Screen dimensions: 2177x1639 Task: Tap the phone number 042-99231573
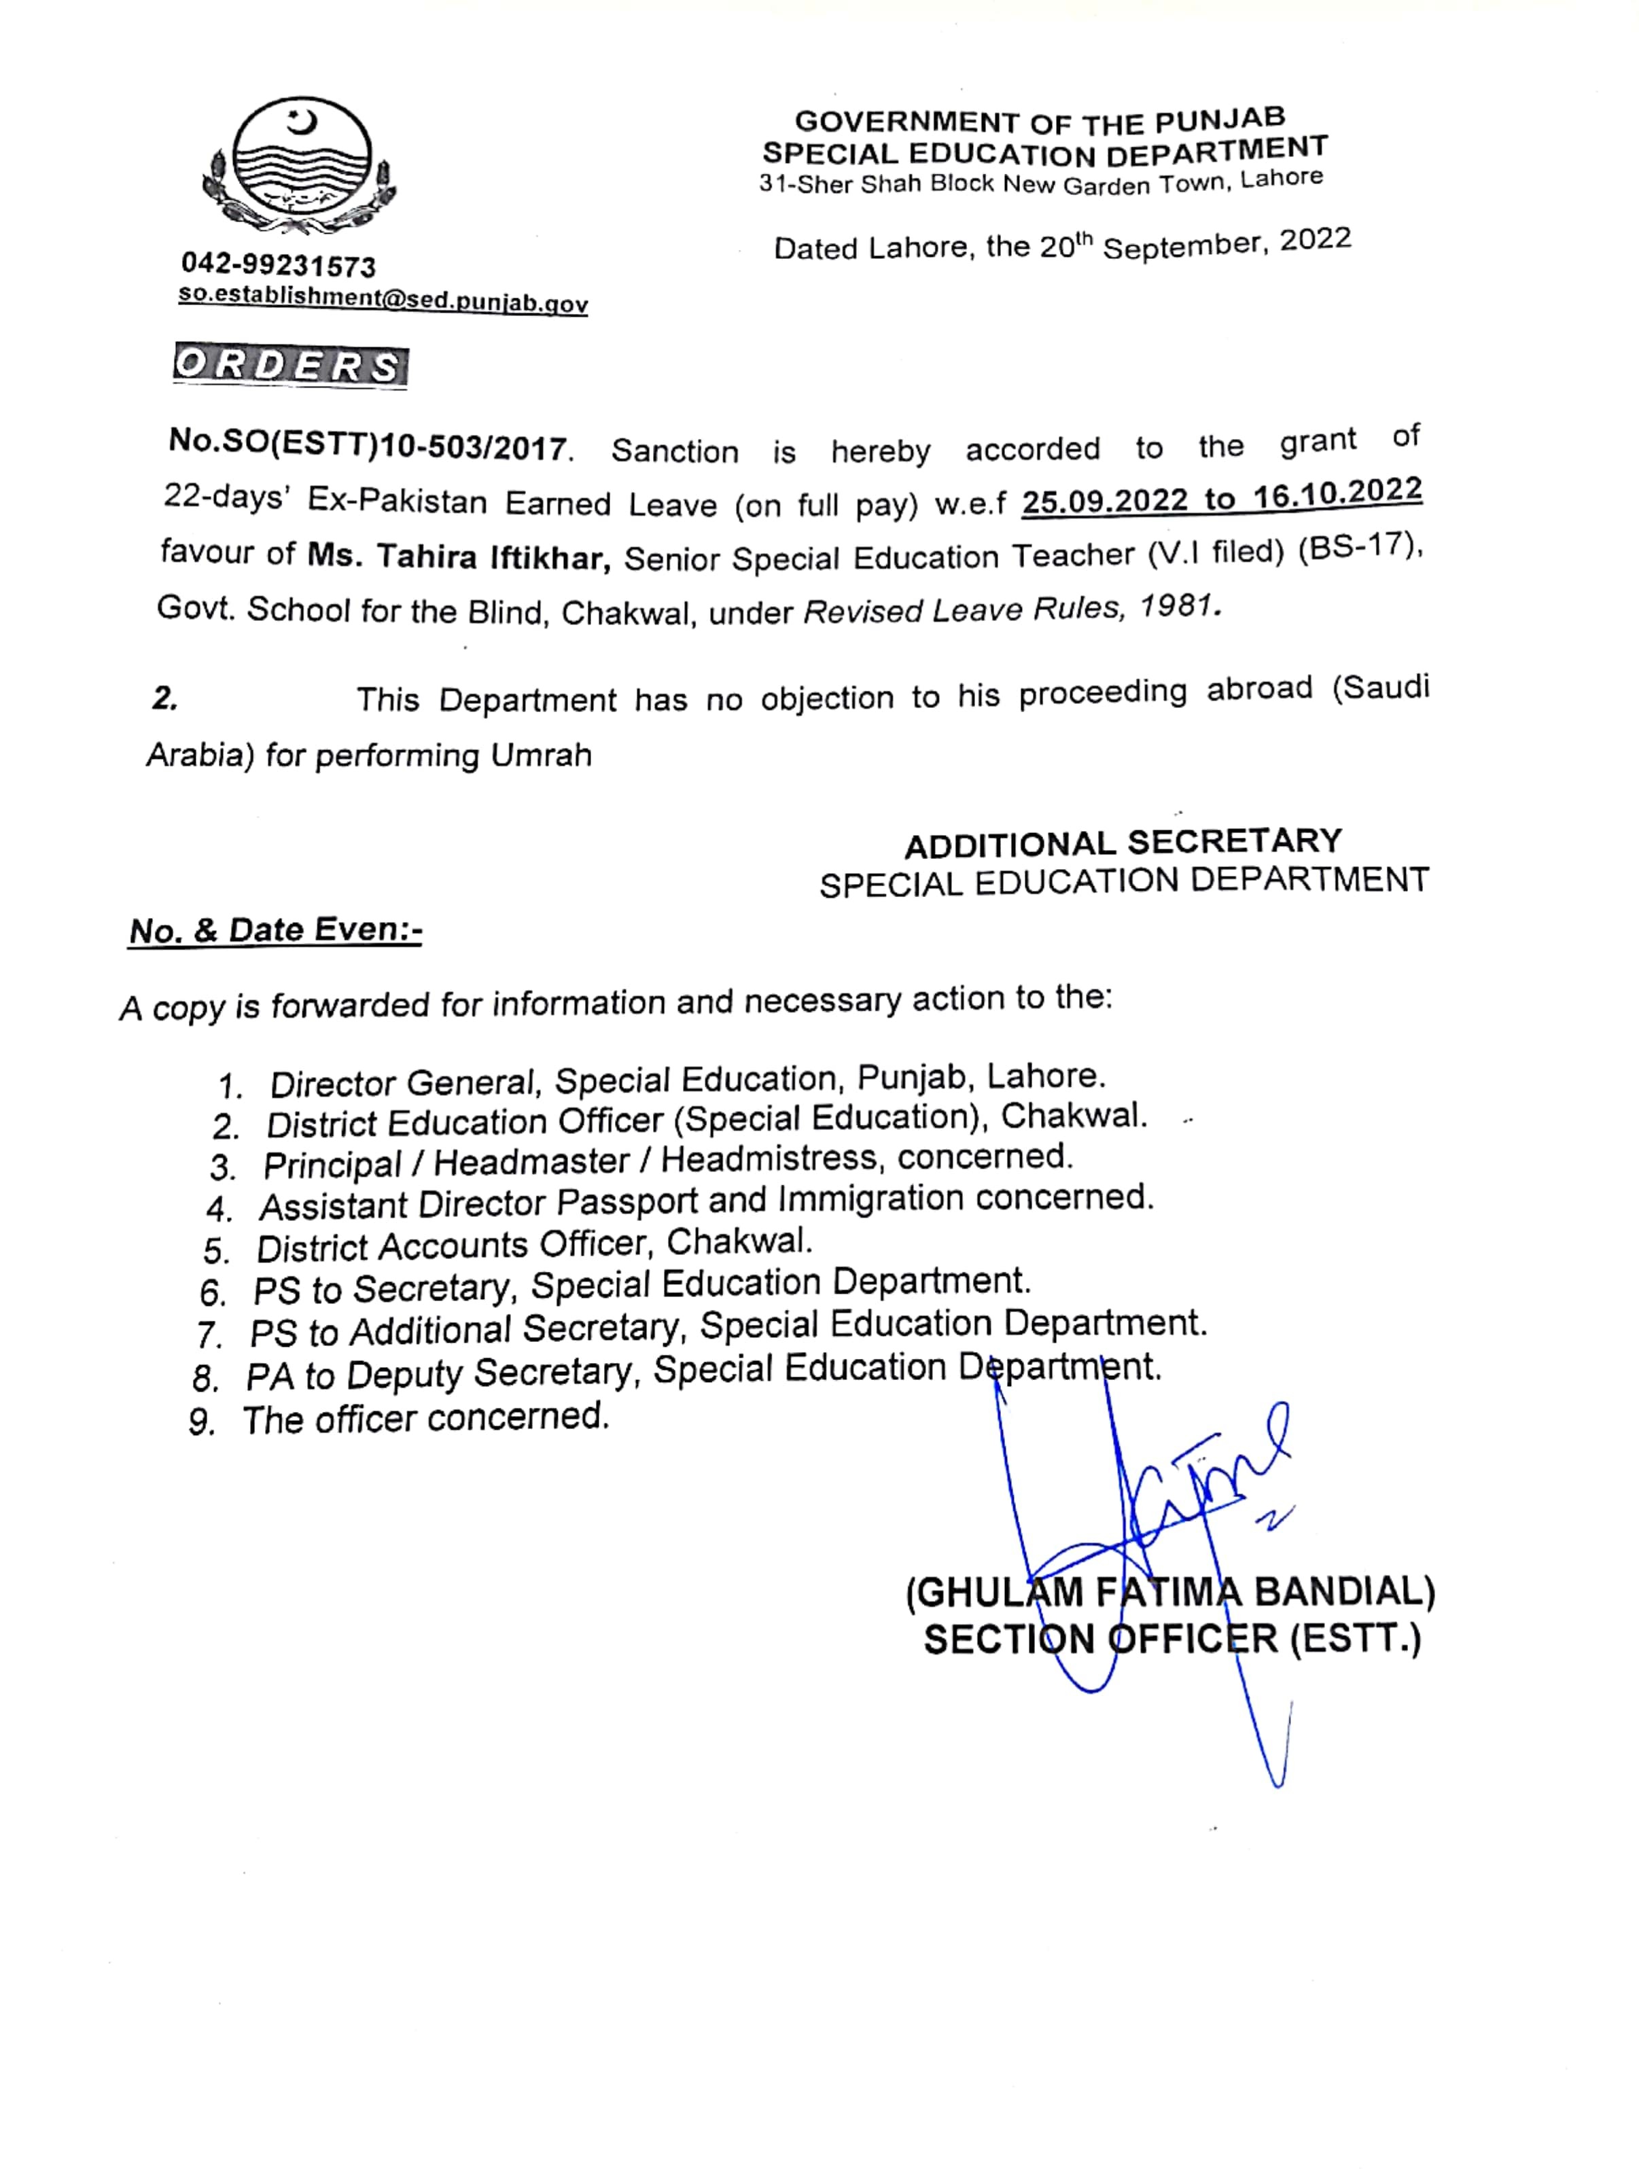tap(279, 266)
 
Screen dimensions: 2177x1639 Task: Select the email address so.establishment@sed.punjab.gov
tap(383, 299)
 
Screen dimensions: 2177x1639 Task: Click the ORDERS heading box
tap(289, 366)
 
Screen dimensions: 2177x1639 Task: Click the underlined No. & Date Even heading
tap(276, 930)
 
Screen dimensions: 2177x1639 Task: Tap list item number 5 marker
tap(217, 1251)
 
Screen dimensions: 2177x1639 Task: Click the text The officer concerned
tap(425, 1418)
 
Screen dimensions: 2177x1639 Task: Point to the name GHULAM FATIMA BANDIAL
tap(1170, 1591)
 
